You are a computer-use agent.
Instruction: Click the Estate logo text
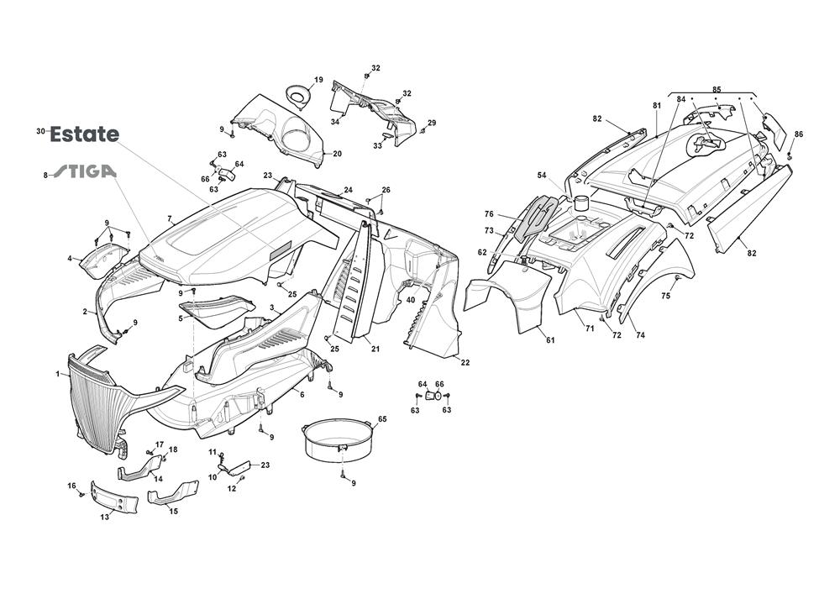pyautogui.click(x=84, y=134)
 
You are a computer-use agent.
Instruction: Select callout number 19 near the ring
pyautogui.click(x=318, y=80)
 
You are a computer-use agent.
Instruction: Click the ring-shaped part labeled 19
pyautogui.click(x=298, y=96)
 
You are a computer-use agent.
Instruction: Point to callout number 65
pyautogui.click(x=382, y=418)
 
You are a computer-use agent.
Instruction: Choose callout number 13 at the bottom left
pyautogui.click(x=105, y=517)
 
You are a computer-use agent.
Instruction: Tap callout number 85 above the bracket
pyautogui.click(x=717, y=89)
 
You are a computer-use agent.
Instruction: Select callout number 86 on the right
pyautogui.click(x=799, y=134)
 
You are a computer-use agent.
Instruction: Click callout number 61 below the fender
pyautogui.click(x=550, y=339)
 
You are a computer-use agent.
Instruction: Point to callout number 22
pyautogui.click(x=465, y=362)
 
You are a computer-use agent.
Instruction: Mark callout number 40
pyautogui.click(x=411, y=300)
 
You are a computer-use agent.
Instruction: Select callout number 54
pyautogui.click(x=542, y=175)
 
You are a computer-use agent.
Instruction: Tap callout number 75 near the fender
pyautogui.click(x=665, y=296)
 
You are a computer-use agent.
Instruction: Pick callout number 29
pyautogui.click(x=432, y=123)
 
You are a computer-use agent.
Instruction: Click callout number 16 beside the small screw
pyautogui.click(x=71, y=485)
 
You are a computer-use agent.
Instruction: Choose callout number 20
pyautogui.click(x=337, y=154)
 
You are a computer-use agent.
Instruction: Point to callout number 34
pyautogui.click(x=334, y=122)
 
